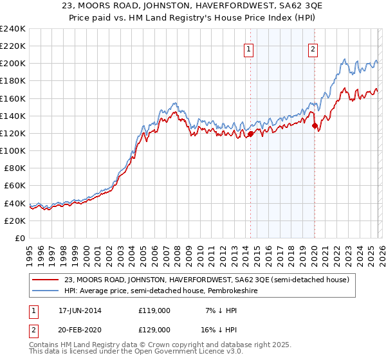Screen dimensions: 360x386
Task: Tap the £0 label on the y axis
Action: point(20,238)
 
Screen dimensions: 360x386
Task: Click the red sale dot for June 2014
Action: point(250,134)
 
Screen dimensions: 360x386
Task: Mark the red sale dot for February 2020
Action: point(315,126)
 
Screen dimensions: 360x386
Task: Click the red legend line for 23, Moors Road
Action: point(46,280)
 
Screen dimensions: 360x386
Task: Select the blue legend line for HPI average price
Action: point(46,291)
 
